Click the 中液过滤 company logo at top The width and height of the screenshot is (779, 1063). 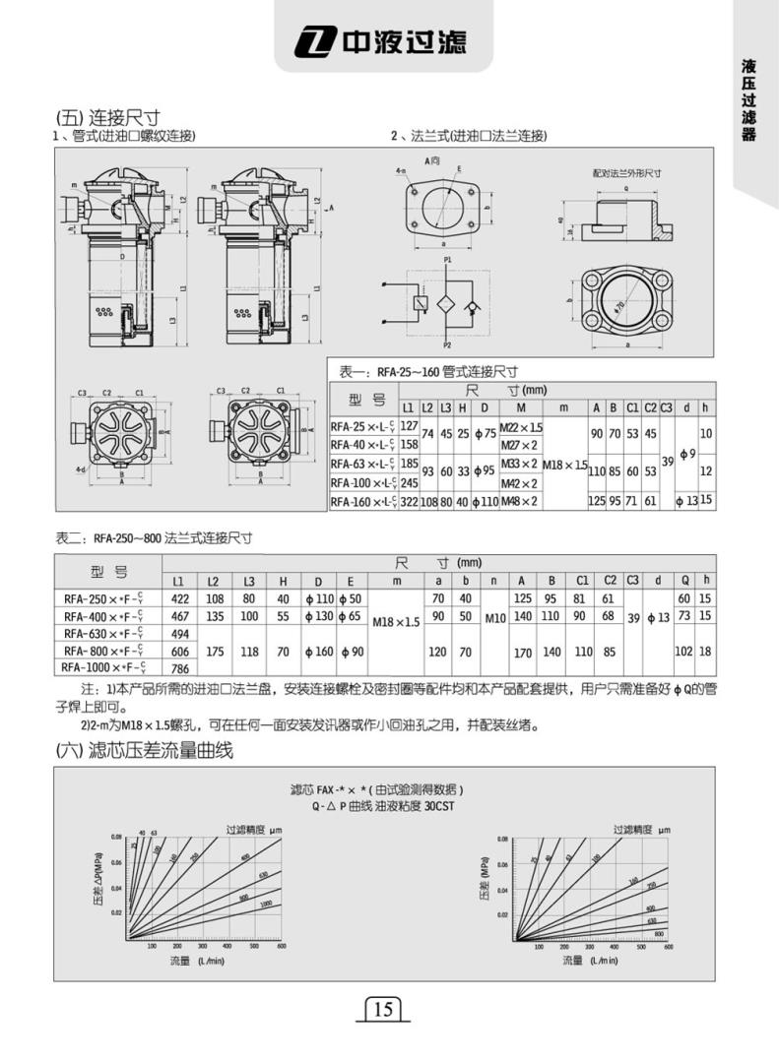click(x=388, y=41)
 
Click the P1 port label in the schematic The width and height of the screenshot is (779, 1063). click(x=447, y=260)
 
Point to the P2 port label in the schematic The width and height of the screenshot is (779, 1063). click(x=447, y=346)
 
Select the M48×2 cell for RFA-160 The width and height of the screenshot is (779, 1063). click(x=520, y=501)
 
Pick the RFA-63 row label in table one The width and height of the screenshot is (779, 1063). click(x=363, y=464)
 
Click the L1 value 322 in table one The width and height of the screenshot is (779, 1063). click(x=409, y=501)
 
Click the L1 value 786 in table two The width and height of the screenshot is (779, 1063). click(x=180, y=667)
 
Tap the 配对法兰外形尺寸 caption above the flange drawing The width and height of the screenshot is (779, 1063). click(x=626, y=172)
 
